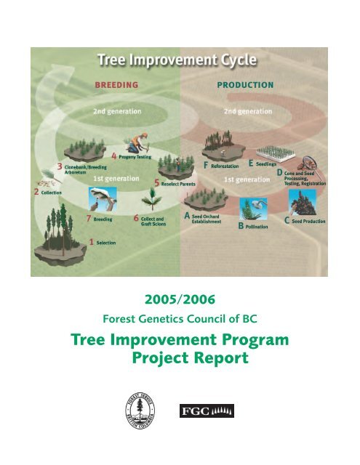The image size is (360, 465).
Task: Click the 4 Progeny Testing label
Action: [136, 156]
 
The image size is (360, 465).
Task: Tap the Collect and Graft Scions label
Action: [152, 220]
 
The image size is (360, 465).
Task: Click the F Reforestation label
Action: [225, 166]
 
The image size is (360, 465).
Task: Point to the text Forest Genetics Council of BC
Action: [179, 318]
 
